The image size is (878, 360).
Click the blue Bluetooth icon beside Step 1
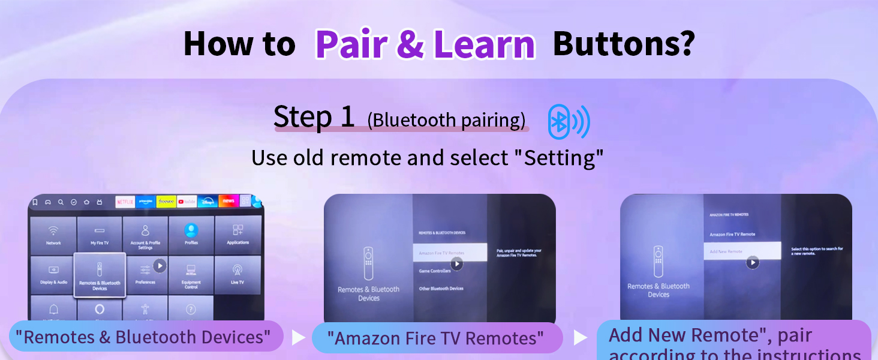[x=568, y=122]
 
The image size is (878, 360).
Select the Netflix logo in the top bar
[x=125, y=202]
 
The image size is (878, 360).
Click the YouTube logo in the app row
[x=187, y=202]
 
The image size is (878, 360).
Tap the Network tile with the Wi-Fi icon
[x=53, y=235]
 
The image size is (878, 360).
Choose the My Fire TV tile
[x=100, y=235]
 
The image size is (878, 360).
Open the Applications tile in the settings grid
[x=238, y=235]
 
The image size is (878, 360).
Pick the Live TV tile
[x=237, y=274]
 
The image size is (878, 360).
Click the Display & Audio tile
[x=53, y=274]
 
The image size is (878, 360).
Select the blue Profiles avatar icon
[x=191, y=230]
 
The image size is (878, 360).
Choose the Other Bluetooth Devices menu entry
[x=441, y=289]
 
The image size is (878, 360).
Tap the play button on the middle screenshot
[x=457, y=263]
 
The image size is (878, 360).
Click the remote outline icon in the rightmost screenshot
[x=659, y=262]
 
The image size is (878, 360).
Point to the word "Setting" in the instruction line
[x=563, y=158]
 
